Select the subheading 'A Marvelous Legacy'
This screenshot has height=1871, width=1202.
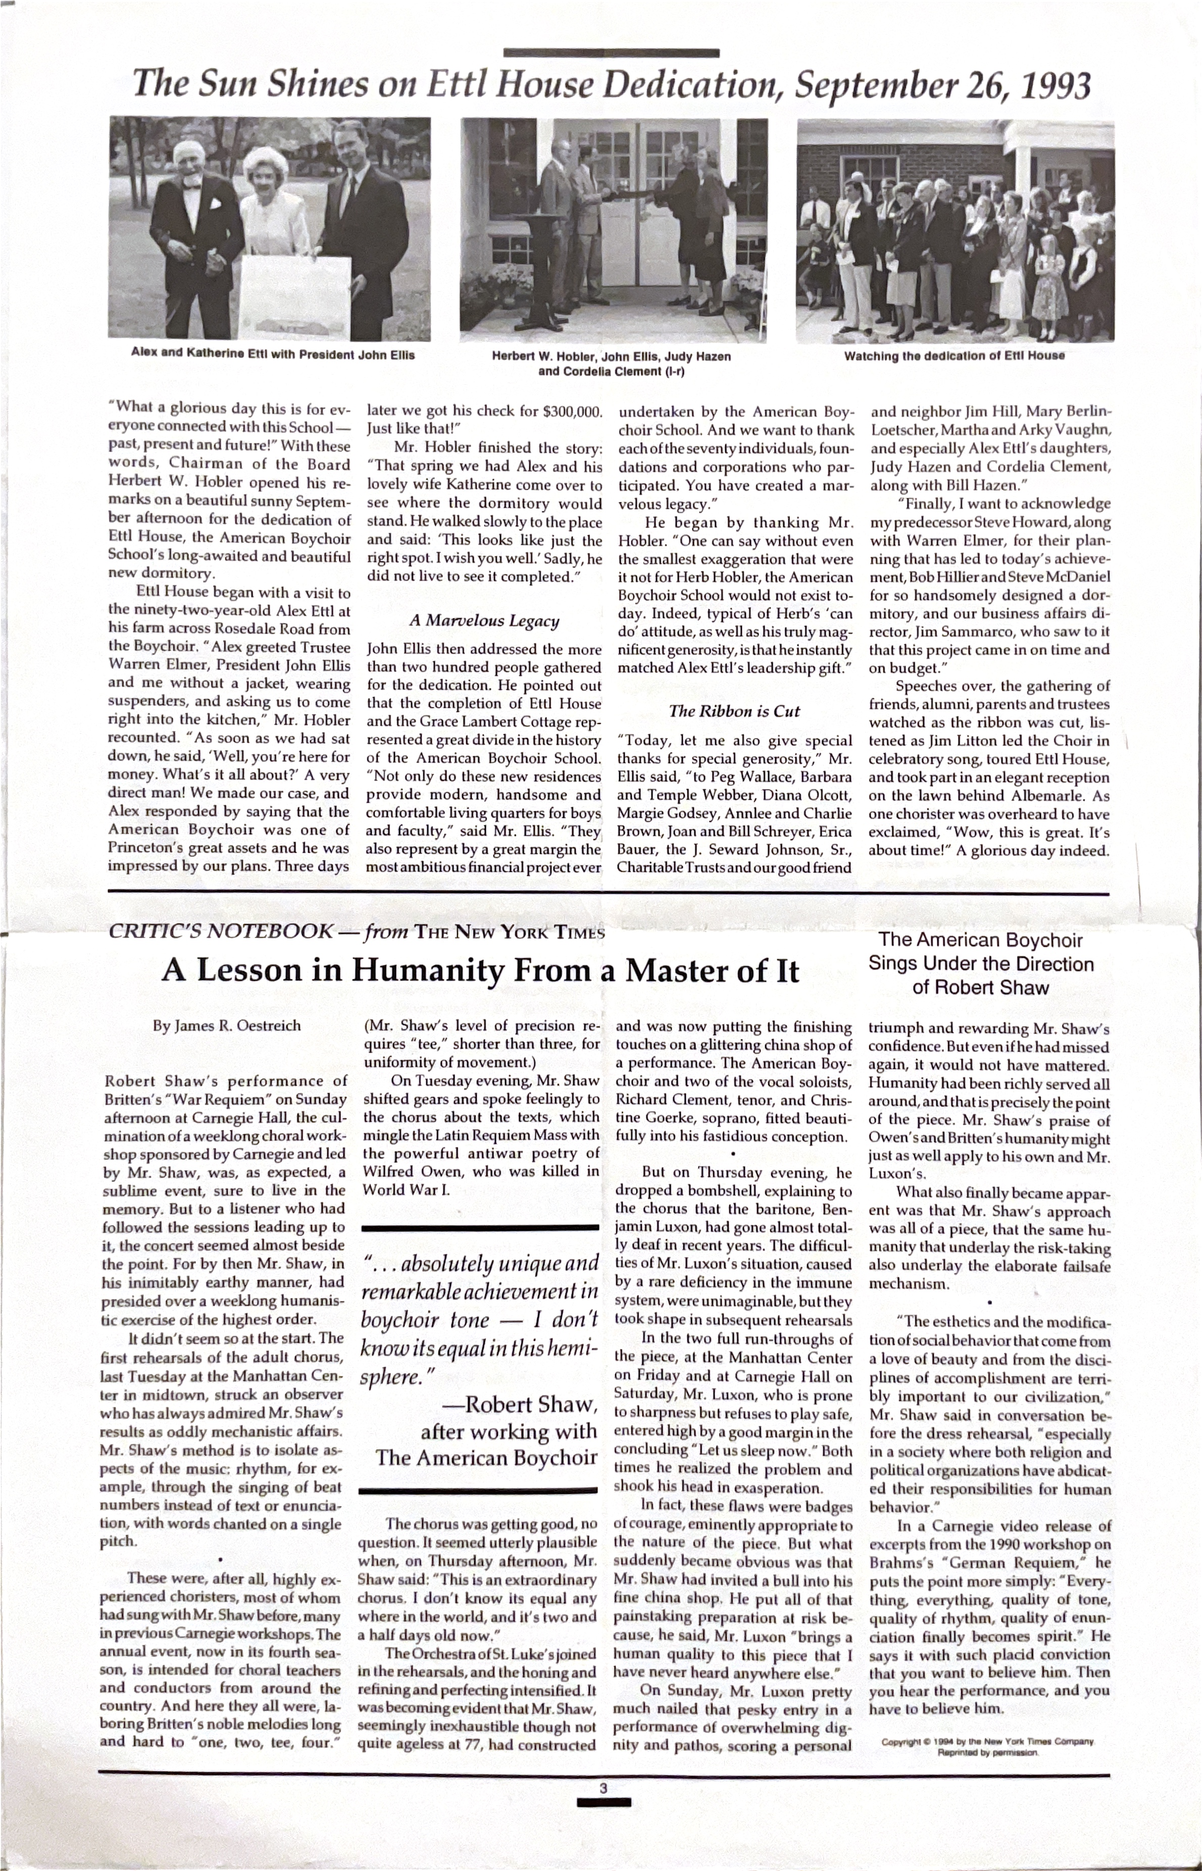[484, 621]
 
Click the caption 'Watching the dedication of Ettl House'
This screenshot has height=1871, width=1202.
[954, 356]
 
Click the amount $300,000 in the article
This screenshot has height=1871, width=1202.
[572, 410]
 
